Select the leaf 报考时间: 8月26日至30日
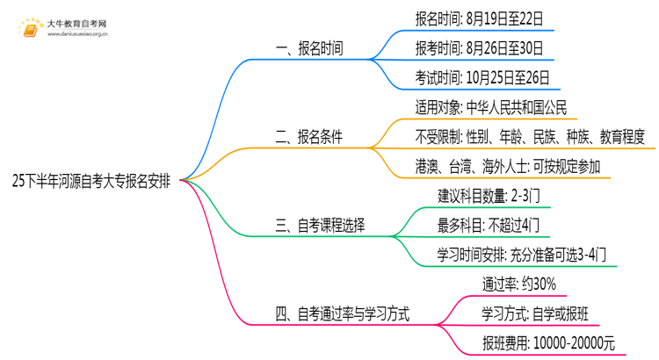pyautogui.click(x=479, y=47)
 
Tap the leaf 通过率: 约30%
pyautogui.click(x=518, y=284)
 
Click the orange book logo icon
pyautogui.click(x=31, y=28)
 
